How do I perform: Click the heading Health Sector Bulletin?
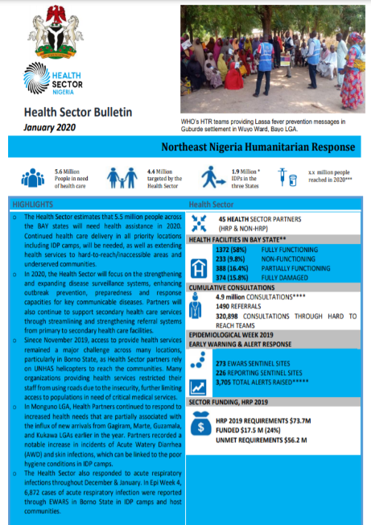pyautogui.click(x=78, y=111)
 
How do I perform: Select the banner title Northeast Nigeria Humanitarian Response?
pyautogui.click(x=257, y=147)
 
